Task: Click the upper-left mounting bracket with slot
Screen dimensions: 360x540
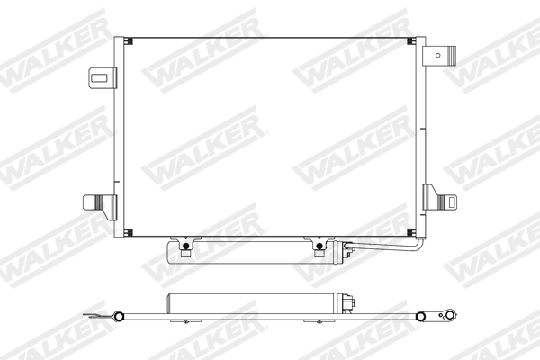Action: (x=102, y=77)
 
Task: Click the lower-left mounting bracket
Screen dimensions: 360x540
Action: (x=102, y=202)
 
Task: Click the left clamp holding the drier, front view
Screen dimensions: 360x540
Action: (x=186, y=246)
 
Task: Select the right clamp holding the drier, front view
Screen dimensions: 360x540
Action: (x=318, y=246)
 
